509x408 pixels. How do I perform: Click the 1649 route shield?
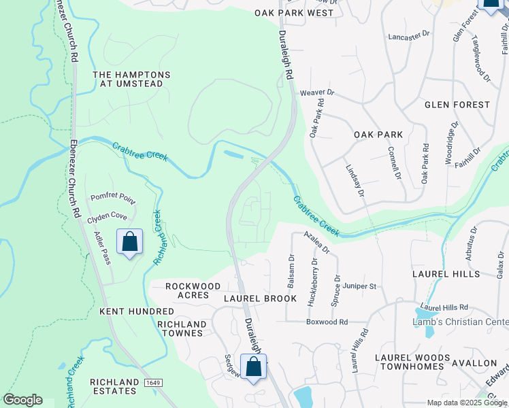point(152,384)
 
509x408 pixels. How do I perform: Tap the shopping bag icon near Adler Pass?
point(129,242)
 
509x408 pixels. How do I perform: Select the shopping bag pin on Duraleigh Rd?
point(254,367)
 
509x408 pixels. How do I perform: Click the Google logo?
point(22,400)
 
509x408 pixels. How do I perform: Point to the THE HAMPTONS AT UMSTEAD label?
point(131,79)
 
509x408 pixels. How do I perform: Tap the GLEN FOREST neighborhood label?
point(457,105)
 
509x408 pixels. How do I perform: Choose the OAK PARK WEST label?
point(294,13)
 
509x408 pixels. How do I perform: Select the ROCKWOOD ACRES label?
point(193,292)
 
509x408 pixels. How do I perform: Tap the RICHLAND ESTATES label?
point(114,386)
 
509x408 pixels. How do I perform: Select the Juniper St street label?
point(359,286)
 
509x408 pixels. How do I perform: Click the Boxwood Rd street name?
point(327,322)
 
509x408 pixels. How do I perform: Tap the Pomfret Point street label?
point(113,198)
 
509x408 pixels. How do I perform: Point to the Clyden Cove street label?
point(107,216)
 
